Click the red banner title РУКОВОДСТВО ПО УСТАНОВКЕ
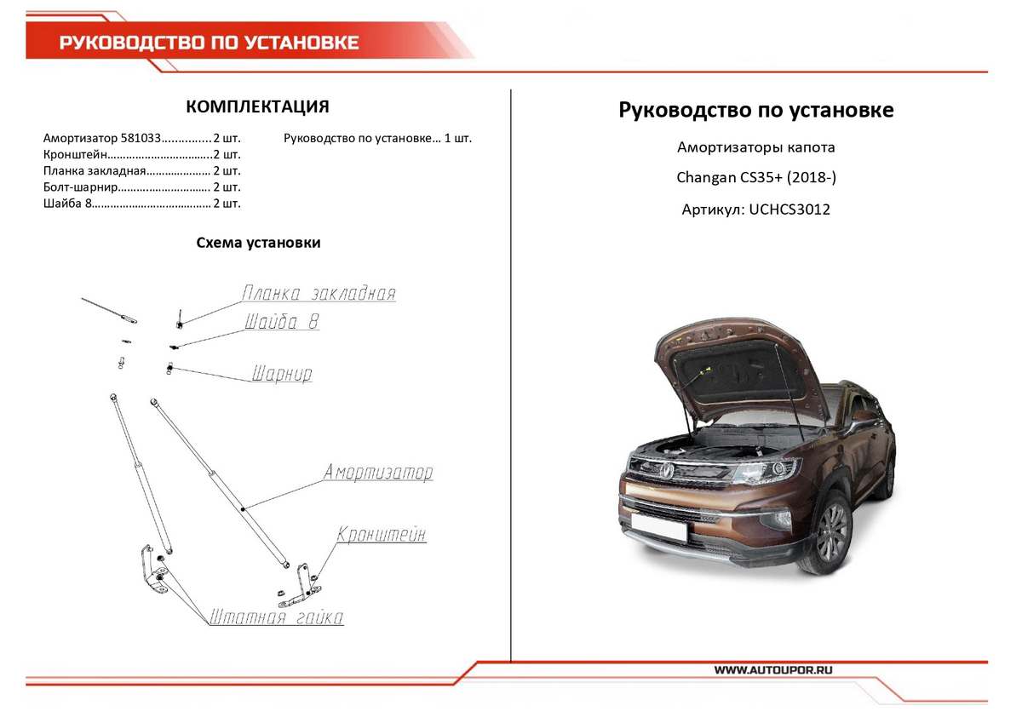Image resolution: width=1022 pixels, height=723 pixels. coord(209,43)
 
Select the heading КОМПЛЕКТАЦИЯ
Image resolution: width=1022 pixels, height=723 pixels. coord(257,106)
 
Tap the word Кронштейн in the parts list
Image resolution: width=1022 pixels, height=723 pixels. coord(76,154)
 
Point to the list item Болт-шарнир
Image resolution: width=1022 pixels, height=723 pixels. coord(79,186)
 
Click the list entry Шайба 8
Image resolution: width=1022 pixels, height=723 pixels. coord(66,203)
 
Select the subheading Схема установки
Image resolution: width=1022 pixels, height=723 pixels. coord(258,243)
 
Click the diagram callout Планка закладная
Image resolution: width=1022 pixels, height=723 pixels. coord(319,294)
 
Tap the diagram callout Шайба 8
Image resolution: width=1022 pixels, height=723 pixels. coord(282,323)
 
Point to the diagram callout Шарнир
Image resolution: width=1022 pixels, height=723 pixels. coord(282,374)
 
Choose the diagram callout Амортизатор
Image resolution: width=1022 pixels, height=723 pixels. coord(377,473)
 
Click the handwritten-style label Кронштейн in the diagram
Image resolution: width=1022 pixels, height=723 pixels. coord(381,536)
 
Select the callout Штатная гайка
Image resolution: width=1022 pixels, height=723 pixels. coord(276,617)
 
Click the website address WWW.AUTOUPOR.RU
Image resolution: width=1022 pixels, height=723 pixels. coord(773,670)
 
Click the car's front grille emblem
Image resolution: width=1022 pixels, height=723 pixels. coord(666,468)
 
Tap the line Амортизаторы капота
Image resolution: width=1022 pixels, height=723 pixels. coord(755,147)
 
